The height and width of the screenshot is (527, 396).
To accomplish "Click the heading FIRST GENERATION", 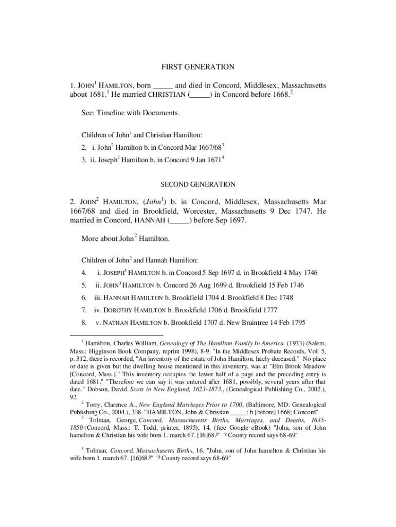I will tap(198, 67).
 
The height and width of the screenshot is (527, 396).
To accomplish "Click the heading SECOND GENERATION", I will tap(198, 184).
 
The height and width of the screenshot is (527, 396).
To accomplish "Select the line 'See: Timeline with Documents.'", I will tap(131, 113).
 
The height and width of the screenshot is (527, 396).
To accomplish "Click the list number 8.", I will tap(83, 323).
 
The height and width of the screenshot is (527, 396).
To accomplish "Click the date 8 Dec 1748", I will tap(271, 297).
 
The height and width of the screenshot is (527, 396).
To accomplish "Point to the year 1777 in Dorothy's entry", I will tap(269, 310).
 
